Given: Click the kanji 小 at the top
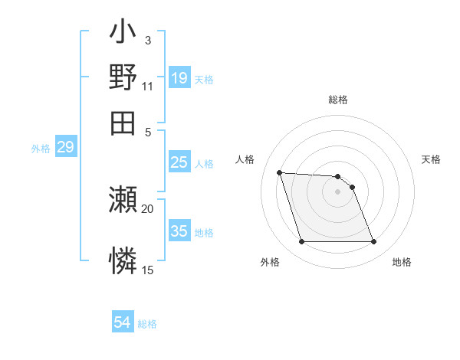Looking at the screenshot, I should [x=123, y=35].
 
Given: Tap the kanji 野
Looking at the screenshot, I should [x=123, y=77].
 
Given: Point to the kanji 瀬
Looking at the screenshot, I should [x=123, y=201].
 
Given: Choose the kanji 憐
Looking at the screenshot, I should [x=123, y=260].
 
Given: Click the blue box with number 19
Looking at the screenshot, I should [x=179, y=77].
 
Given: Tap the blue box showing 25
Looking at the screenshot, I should [x=179, y=162].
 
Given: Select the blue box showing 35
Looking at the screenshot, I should [x=179, y=231].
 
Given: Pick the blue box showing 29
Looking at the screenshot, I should [x=65, y=148].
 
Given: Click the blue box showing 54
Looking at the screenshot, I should [x=123, y=323].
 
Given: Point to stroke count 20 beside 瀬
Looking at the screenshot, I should [x=148, y=208].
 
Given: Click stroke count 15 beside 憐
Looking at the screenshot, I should [x=148, y=270].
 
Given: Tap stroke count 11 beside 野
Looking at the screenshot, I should [x=148, y=87].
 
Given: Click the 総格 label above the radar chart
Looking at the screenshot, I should [x=338, y=100].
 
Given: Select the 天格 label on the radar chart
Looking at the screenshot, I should [x=431, y=159].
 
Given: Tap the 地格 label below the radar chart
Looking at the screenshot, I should [x=402, y=263].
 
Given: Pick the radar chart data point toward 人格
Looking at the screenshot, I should [x=280, y=172].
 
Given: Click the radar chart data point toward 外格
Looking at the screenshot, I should [x=301, y=242].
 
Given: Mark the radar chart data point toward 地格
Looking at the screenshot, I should [x=373, y=242].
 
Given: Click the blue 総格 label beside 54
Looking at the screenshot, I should [x=147, y=324].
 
